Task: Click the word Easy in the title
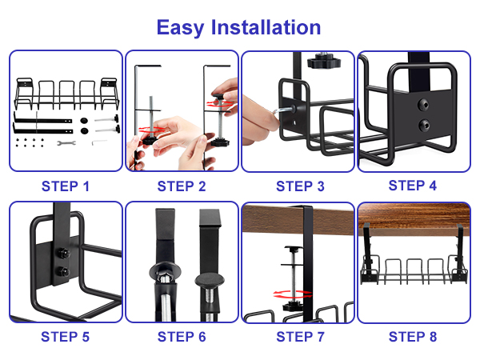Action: pyautogui.click(x=180, y=27)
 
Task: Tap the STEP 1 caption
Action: pyautogui.click(x=66, y=186)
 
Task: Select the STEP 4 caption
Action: pyautogui.click(x=413, y=186)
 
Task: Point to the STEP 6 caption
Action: pyautogui.click(x=182, y=336)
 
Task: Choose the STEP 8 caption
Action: pyautogui.click(x=413, y=336)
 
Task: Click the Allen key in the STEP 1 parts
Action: pyautogui.click(x=98, y=142)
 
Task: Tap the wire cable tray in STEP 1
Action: pyautogui.click(x=66, y=94)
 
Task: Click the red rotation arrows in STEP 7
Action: pyautogui.click(x=286, y=294)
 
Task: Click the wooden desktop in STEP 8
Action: pyautogui.click(x=413, y=214)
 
